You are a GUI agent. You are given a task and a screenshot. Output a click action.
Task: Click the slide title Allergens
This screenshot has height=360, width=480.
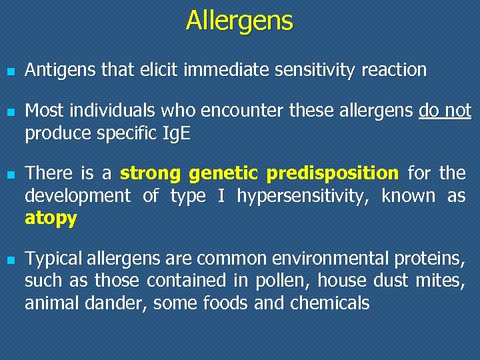pos(239,21)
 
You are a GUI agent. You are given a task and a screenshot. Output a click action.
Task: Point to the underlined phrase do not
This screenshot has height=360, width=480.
pos(445,110)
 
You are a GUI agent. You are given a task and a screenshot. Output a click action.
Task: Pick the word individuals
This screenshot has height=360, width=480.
pos(106,110)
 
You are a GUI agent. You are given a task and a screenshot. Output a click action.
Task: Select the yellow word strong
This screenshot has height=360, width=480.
pos(151,174)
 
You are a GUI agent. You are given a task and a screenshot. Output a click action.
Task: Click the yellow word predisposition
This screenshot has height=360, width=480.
pos(331,174)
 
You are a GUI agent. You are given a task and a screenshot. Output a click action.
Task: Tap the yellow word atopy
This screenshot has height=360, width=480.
pos(51,219)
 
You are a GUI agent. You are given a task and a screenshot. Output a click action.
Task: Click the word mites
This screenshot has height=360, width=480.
pos(443,281)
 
